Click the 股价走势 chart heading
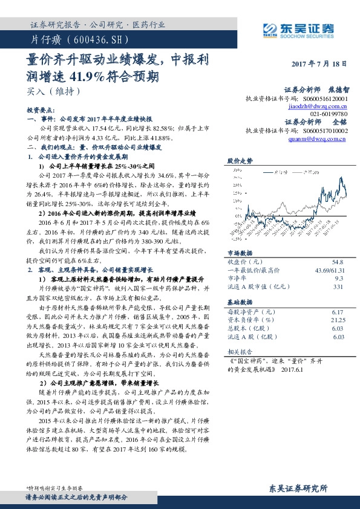[240, 161]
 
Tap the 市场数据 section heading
[240, 254]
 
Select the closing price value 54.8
[337, 262]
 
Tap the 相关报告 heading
[240, 351]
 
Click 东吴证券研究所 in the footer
[298, 488]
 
